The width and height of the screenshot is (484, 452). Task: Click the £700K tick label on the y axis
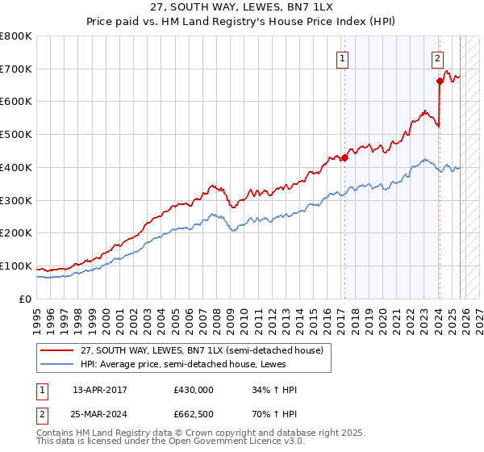coord(16,69)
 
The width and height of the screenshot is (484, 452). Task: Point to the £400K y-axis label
coord(16,168)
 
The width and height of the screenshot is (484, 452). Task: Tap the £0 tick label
coord(26,299)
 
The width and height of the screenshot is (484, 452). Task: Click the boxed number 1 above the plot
coord(343,58)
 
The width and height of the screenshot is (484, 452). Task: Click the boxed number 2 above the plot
coord(436,58)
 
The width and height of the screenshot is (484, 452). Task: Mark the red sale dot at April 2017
coord(344,157)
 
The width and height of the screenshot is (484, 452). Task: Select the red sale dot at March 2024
coord(440,81)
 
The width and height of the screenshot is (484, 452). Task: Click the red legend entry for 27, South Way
coord(202,350)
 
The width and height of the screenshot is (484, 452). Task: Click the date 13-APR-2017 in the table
coord(105,390)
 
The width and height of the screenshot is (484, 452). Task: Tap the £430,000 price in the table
coord(193,390)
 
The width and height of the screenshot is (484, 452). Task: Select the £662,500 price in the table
coord(193,416)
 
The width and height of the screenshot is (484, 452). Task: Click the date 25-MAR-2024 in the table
coord(105,416)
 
